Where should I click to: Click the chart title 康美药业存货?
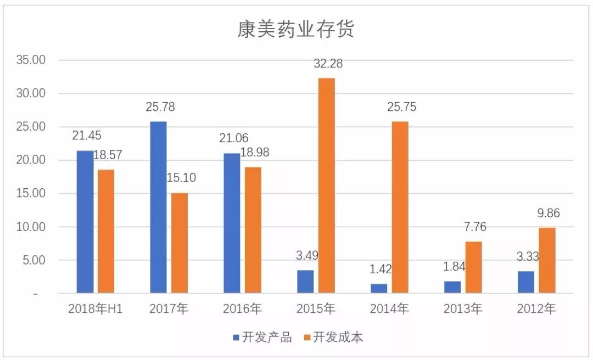296,30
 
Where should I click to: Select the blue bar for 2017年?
158,207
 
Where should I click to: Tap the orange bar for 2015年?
326,185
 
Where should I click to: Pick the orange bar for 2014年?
400,207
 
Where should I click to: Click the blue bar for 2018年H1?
85,221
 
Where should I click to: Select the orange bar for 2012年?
547,260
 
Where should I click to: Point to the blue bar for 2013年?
452,287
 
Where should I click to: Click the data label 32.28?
328,64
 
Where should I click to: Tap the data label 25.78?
160,107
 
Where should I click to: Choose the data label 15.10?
182,178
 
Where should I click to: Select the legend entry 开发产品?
262,337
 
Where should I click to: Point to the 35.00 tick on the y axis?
31,60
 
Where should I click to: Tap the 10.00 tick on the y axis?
31,227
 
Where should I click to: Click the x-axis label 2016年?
242,309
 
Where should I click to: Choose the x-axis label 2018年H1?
95,309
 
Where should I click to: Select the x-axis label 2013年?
462,309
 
